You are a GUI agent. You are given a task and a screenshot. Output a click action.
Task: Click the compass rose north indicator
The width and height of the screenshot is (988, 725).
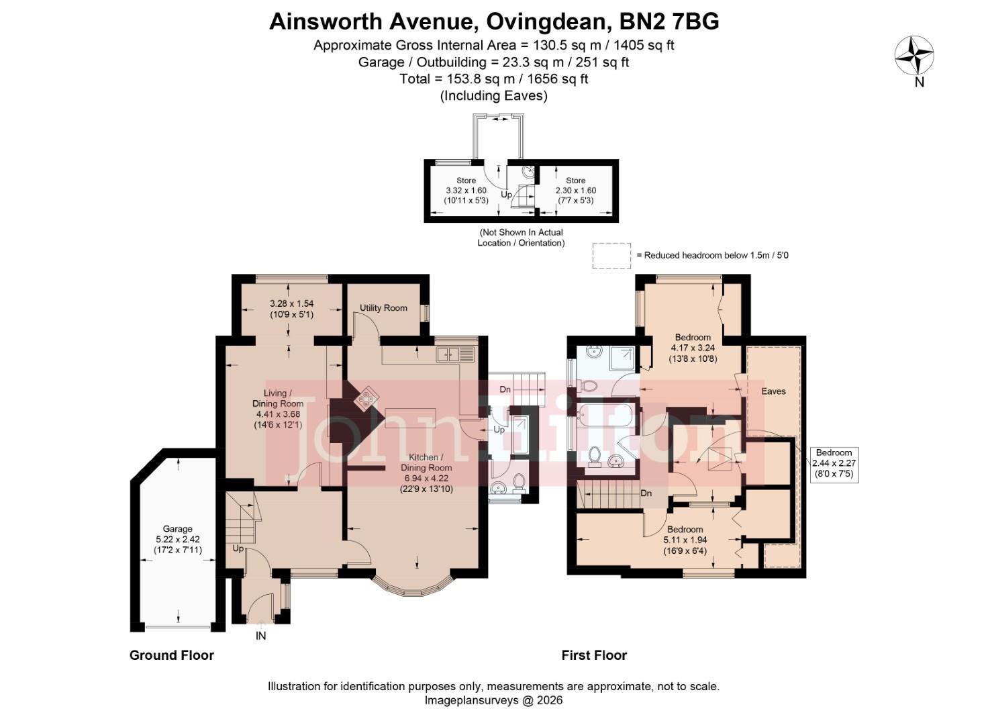point(914,56)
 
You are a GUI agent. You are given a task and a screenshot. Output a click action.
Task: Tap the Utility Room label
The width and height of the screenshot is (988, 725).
point(383,308)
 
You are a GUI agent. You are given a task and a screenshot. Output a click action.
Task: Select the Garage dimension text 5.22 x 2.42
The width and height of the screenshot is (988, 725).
point(178,539)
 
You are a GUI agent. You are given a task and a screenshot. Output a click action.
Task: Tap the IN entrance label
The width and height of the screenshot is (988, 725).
point(260,636)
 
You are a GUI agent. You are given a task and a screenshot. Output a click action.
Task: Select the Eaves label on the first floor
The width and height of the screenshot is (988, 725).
point(773,391)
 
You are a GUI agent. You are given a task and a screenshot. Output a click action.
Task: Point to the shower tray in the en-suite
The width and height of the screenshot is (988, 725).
point(620,359)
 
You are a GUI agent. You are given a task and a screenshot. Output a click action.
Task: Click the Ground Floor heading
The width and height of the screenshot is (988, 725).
point(171,655)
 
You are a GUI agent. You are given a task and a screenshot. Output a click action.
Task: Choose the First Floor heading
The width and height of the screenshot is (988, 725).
point(594,655)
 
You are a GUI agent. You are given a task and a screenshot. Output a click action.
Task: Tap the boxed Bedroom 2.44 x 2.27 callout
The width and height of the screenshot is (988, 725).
point(834,463)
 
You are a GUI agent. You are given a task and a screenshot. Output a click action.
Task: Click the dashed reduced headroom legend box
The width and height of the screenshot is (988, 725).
point(611,256)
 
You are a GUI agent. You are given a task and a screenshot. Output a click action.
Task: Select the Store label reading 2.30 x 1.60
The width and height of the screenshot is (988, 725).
point(576,191)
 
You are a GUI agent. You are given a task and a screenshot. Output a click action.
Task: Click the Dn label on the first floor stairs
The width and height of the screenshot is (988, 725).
point(646,493)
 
